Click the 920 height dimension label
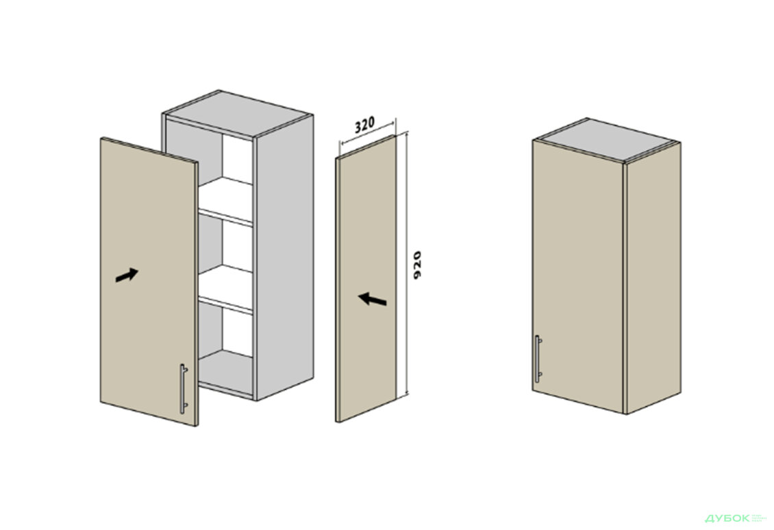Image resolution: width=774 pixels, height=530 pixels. point(417,265)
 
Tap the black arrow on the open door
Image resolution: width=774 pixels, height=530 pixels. point(126,275)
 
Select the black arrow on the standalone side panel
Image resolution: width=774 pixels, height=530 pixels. point(372,299)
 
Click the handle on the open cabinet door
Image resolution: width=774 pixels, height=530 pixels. point(183,389)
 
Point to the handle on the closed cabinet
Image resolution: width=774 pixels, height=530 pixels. point(538,359)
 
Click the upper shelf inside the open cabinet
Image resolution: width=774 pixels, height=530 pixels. point(225,201)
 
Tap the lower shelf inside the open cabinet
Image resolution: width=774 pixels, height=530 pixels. point(225,289)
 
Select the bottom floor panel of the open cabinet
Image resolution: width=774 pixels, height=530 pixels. point(225,373)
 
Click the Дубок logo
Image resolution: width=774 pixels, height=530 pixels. point(728,518)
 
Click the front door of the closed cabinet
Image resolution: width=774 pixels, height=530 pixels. point(578,276)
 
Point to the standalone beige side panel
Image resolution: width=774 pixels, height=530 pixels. point(366,278)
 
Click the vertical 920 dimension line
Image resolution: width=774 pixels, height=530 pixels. point(406,264)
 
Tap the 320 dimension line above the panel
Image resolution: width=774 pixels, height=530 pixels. point(367,132)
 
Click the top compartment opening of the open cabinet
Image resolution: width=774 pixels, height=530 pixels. point(225,158)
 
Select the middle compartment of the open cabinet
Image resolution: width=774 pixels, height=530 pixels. point(225,245)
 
